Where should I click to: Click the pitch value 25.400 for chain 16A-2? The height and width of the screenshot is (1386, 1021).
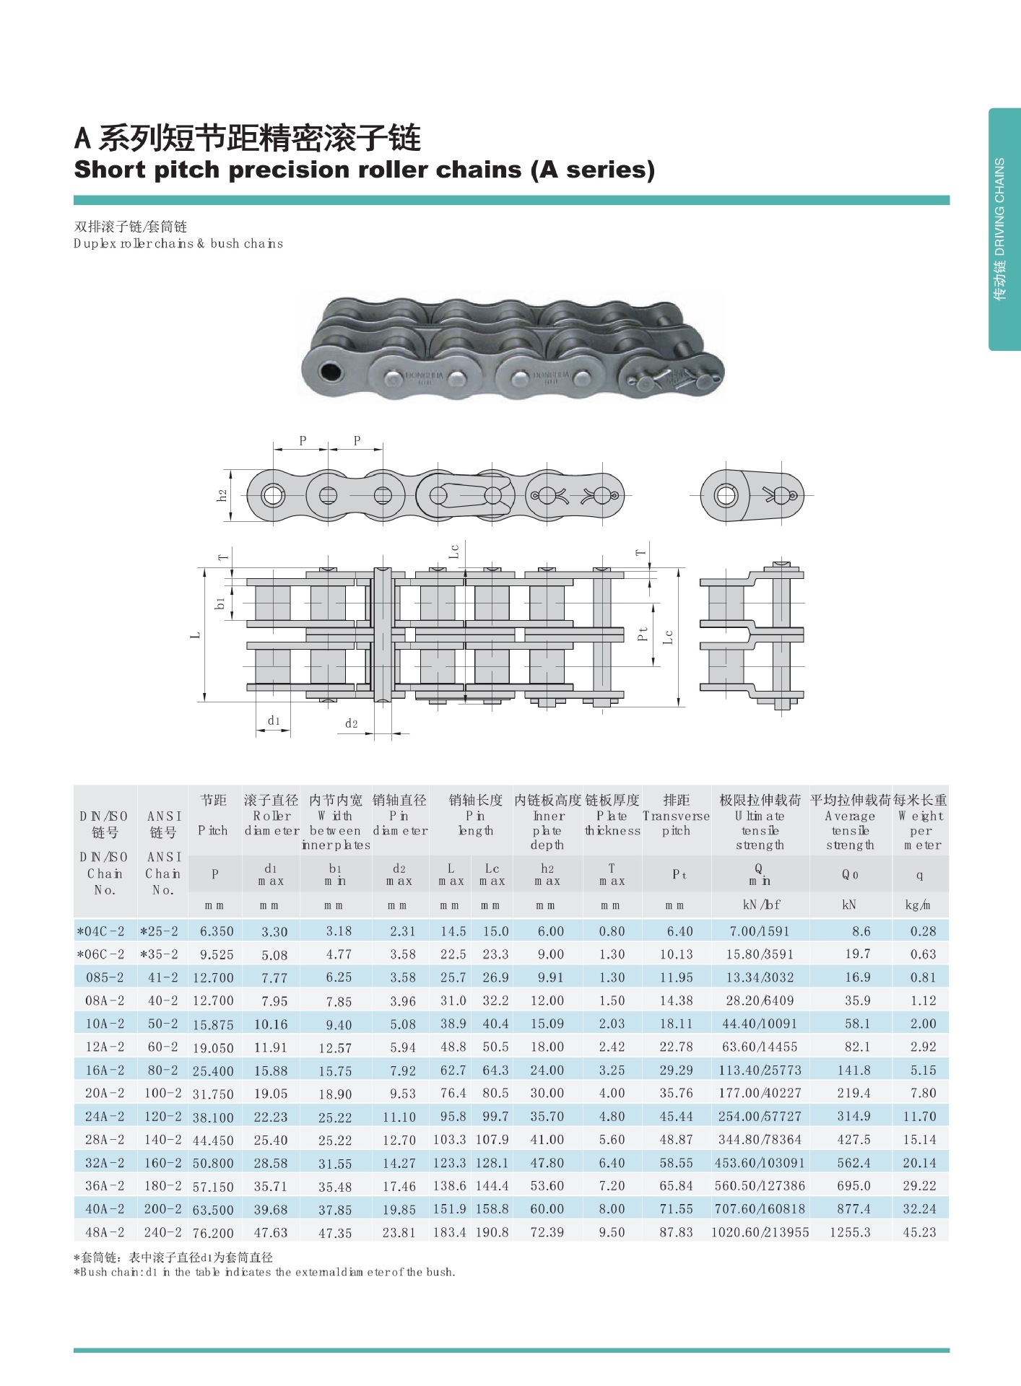(213, 1071)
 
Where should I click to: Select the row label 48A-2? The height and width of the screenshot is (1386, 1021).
(105, 1232)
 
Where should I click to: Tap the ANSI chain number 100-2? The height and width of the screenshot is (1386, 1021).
(162, 1093)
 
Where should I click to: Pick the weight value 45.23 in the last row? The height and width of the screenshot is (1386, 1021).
(919, 1232)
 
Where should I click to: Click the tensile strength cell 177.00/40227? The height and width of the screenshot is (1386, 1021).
(760, 1093)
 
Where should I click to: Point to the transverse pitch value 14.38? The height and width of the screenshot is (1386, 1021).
(676, 1001)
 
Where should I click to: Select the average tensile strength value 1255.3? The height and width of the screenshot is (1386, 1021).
(850, 1232)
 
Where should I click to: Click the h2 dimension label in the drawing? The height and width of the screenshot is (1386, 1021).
(222, 495)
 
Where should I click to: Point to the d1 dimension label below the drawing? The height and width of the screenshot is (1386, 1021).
(274, 720)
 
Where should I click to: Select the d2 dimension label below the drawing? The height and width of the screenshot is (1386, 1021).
(351, 723)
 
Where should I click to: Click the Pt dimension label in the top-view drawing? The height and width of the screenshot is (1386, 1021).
(643, 634)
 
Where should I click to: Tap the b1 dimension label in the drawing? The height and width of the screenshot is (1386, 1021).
(220, 602)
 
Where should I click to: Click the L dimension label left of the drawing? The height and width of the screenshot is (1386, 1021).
(195, 635)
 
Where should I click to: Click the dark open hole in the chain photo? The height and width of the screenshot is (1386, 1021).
(331, 372)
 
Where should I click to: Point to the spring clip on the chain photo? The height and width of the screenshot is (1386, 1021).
(672, 378)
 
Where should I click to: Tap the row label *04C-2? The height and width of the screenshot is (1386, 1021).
(101, 931)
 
